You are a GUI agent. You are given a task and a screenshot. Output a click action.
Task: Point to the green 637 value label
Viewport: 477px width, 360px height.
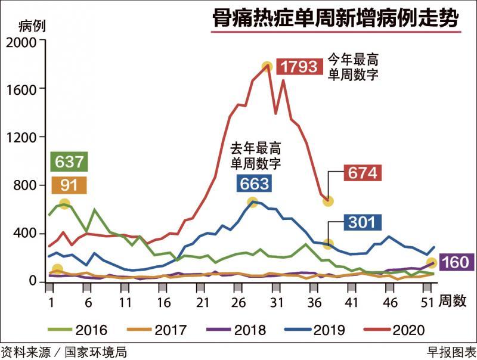pos(69,162)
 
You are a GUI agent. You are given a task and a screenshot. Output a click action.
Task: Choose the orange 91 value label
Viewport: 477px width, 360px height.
pos(69,185)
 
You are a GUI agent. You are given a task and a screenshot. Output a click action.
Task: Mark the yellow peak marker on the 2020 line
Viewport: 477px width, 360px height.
pos(267,67)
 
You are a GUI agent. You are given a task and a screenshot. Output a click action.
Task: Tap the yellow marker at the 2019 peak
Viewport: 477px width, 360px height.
pos(252,203)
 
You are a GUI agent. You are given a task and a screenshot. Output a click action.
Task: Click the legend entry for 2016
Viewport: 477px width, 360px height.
pos(82,329)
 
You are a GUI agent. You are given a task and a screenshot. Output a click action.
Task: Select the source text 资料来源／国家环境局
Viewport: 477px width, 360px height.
pos(64,352)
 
